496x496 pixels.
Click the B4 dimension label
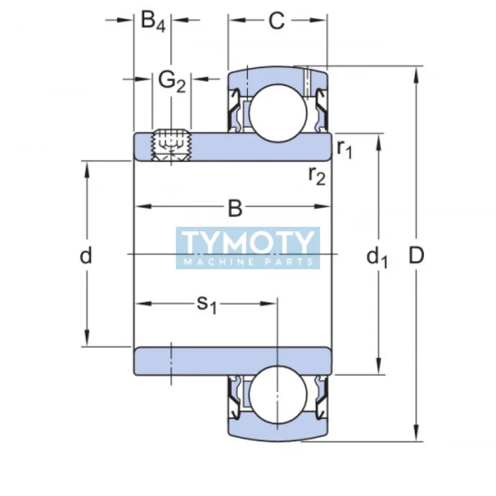coord(153,22)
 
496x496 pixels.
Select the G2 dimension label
coord(172,81)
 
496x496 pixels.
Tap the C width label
coord(277,21)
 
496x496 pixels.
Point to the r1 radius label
coord(345,148)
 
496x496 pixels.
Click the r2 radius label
coord(317,176)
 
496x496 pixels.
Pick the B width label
coord(234,209)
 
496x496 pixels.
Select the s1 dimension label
coord(206,304)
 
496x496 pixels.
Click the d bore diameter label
coord(86,255)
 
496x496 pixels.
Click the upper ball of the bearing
coord(277,112)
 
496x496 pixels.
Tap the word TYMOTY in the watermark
coord(248,242)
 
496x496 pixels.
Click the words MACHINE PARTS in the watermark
coord(248,262)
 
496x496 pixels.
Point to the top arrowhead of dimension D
coord(417,73)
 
